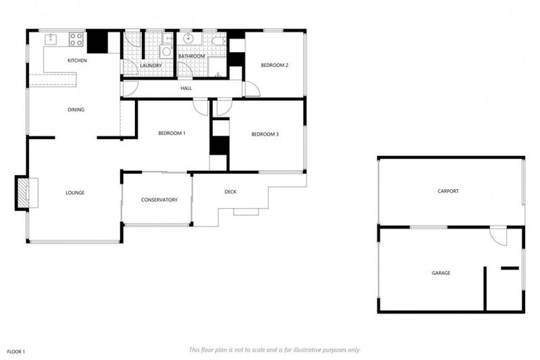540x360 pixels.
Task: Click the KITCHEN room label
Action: pyautogui.click(x=77, y=61)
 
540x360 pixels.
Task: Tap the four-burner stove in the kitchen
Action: pyautogui.click(x=75, y=38)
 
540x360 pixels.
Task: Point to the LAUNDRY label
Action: pyautogui.click(x=151, y=66)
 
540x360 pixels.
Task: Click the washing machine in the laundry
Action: pyautogui.click(x=167, y=51)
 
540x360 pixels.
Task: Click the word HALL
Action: pyautogui.click(x=186, y=88)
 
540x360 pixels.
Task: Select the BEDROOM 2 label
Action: pyautogui.click(x=275, y=65)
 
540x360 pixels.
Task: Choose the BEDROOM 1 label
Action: pyautogui.click(x=172, y=133)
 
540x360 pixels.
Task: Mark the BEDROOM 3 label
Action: pyautogui.click(x=266, y=134)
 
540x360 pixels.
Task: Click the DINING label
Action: pyautogui.click(x=76, y=110)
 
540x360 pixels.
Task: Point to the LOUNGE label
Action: pyautogui.click(x=75, y=193)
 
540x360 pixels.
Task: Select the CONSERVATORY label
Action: pyautogui.click(x=159, y=200)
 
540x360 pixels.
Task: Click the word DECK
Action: pyautogui.click(x=230, y=192)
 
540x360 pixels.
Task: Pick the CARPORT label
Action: pyautogui.click(x=448, y=191)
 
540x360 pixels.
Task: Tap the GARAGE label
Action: pyautogui.click(x=441, y=273)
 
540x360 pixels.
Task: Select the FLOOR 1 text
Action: pyautogui.click(x=16, y=351)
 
